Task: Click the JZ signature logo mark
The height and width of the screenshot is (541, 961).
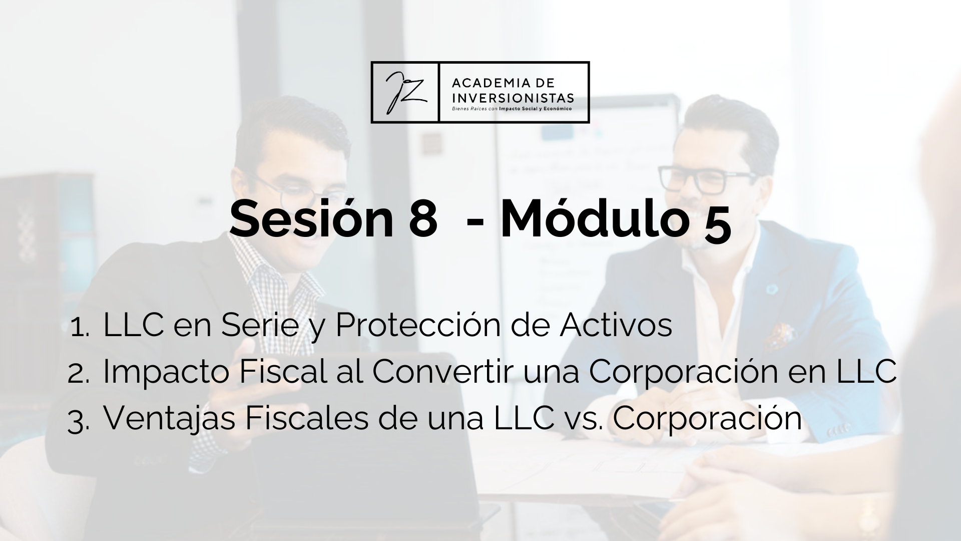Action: coord(405,92)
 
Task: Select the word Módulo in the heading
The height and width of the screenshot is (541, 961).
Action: coord(593,219)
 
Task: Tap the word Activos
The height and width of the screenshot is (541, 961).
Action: coord(616,325)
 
